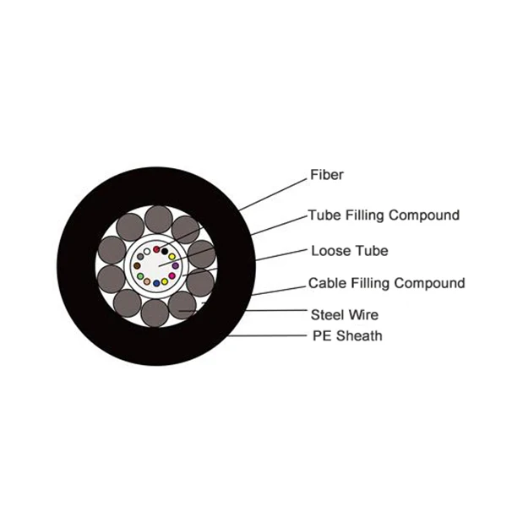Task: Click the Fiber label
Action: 326,176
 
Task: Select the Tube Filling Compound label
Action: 384,215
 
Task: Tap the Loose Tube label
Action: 349,251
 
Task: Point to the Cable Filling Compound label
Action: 386,283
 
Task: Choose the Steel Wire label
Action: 344,315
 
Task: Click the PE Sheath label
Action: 346,336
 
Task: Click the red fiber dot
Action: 156,249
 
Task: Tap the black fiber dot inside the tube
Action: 165,251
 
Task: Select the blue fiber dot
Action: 156,283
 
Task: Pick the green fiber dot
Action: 140,276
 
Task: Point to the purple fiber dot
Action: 176,265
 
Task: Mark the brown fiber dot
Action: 137,265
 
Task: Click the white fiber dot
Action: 147,251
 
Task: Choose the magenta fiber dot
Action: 172,275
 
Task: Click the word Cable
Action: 326,283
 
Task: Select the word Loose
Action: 329,251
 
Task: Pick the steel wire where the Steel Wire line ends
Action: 181,306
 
